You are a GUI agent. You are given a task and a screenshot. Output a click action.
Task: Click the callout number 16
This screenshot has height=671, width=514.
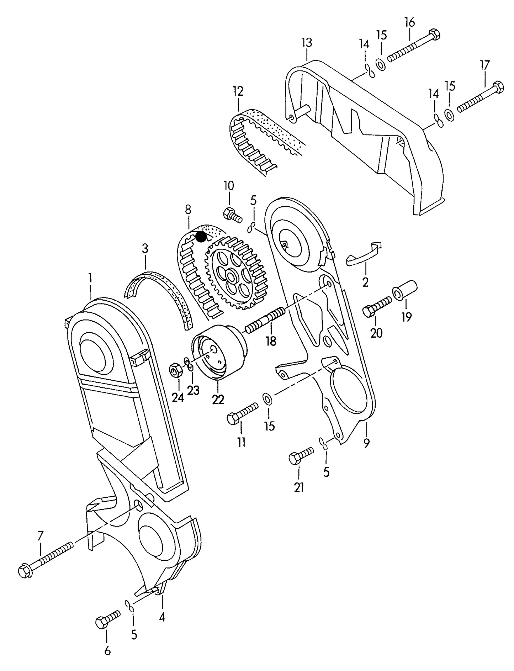click(409, 22)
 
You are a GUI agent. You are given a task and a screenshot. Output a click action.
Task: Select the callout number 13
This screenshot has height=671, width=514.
click(307, 42)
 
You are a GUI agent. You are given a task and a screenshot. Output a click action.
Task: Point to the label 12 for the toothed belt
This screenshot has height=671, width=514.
click(238, 91)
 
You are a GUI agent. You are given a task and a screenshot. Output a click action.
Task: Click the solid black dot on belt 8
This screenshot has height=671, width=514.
click(201, 236)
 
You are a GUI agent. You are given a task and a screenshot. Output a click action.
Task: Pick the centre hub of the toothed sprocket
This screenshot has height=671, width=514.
click(232, 276)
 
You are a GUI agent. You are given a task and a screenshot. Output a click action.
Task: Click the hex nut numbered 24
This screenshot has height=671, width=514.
click(176, 371)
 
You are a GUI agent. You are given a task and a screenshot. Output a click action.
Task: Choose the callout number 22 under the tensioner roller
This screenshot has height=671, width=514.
click(218, 400)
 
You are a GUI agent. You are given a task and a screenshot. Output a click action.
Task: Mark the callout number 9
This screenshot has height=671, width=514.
click(366, 443)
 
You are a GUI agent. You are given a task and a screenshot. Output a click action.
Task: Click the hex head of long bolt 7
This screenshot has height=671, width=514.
click(25, 571)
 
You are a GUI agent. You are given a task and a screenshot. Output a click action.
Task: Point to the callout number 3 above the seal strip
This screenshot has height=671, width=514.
click(145, 248)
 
